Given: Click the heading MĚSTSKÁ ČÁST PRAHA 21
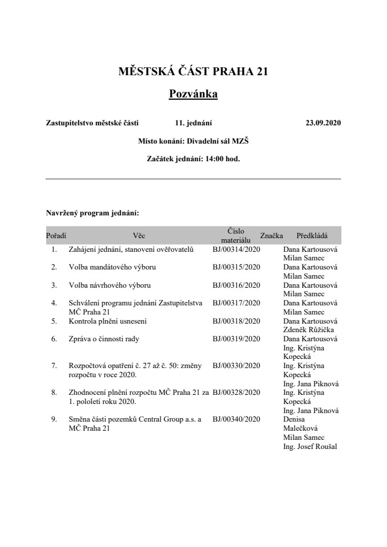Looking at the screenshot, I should (x=193, y=72).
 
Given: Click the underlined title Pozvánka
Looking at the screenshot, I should (x=193, y=93).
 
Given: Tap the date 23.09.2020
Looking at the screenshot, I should (x=323, y=122).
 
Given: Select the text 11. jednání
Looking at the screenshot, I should (x=194, y=122).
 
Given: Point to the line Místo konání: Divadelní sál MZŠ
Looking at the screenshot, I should (x=193, y=140).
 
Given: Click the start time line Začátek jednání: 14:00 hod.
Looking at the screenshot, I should (x=193, y=159).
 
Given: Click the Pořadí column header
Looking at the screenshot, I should (x=56, y=235).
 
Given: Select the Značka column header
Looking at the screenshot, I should (x=271, y=235).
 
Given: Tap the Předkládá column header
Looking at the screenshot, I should (x=312, y=235).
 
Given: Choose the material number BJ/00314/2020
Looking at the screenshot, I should (x=237, y=250).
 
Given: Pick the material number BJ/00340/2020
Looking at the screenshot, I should (x=237, y=419).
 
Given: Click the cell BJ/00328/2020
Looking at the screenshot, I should (x=237, y=393).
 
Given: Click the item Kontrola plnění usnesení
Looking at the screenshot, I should (x=108, y=321).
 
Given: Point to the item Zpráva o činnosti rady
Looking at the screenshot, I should (x=104, y=339).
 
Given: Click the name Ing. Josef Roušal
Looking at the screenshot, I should (x=310, y=447).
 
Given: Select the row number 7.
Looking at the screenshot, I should (x=54, y=366).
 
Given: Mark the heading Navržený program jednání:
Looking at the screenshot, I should (x=92, y=213).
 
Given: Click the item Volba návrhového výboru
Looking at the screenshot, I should (x=109, y=285).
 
